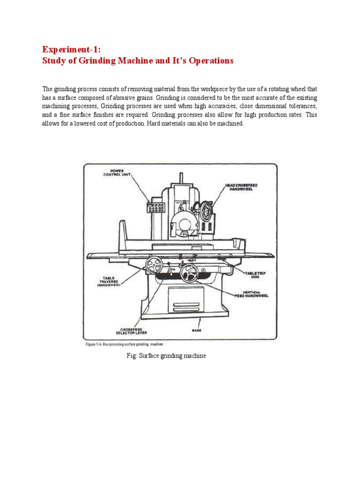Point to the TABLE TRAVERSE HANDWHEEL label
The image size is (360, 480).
(109, 281)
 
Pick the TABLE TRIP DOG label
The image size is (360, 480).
(255, 274)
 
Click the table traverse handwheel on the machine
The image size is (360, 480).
(153, 266)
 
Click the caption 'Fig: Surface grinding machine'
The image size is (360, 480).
(166, 356)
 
